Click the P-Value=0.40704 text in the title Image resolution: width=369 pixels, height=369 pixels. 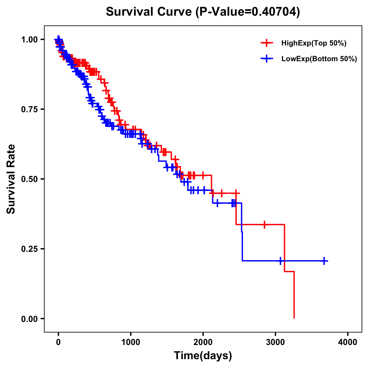[x=248, y=12]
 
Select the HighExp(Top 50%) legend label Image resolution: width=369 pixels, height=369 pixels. [x=314, y=43]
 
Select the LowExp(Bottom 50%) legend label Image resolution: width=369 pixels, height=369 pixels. [x=319, y=59]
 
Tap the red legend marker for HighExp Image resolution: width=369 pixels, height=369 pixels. [x=267, y=43]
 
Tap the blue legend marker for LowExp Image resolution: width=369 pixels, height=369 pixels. [x=267, y=59]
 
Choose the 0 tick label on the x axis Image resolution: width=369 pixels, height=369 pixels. [x=58, y=342]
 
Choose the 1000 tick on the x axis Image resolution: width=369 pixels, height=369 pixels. [x=130, y=342]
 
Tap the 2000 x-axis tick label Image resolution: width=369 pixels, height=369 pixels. [x=203, y=342]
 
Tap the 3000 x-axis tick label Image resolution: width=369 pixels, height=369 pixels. [x=276, y=342]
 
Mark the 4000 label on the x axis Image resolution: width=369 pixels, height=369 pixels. [x=348, y=342]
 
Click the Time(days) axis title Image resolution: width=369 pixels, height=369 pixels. [x=203, y=356]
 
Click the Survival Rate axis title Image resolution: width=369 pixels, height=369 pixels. [x=11, y=179]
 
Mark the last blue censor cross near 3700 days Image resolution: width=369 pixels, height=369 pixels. [x=324, y=261]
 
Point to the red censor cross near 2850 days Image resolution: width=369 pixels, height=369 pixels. [x=264, y=224]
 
